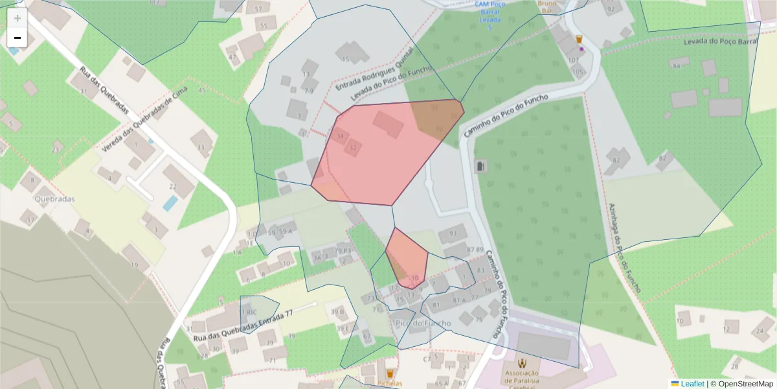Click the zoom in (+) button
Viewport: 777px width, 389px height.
17,18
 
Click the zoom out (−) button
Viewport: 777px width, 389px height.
17,38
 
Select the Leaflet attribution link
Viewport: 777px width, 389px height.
692,384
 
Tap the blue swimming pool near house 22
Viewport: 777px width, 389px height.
170,204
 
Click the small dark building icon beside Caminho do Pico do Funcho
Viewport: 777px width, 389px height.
480,167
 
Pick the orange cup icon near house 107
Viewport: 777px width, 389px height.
579,40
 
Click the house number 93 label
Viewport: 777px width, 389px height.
453,233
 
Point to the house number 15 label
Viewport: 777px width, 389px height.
345,60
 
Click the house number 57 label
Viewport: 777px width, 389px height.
259,9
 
